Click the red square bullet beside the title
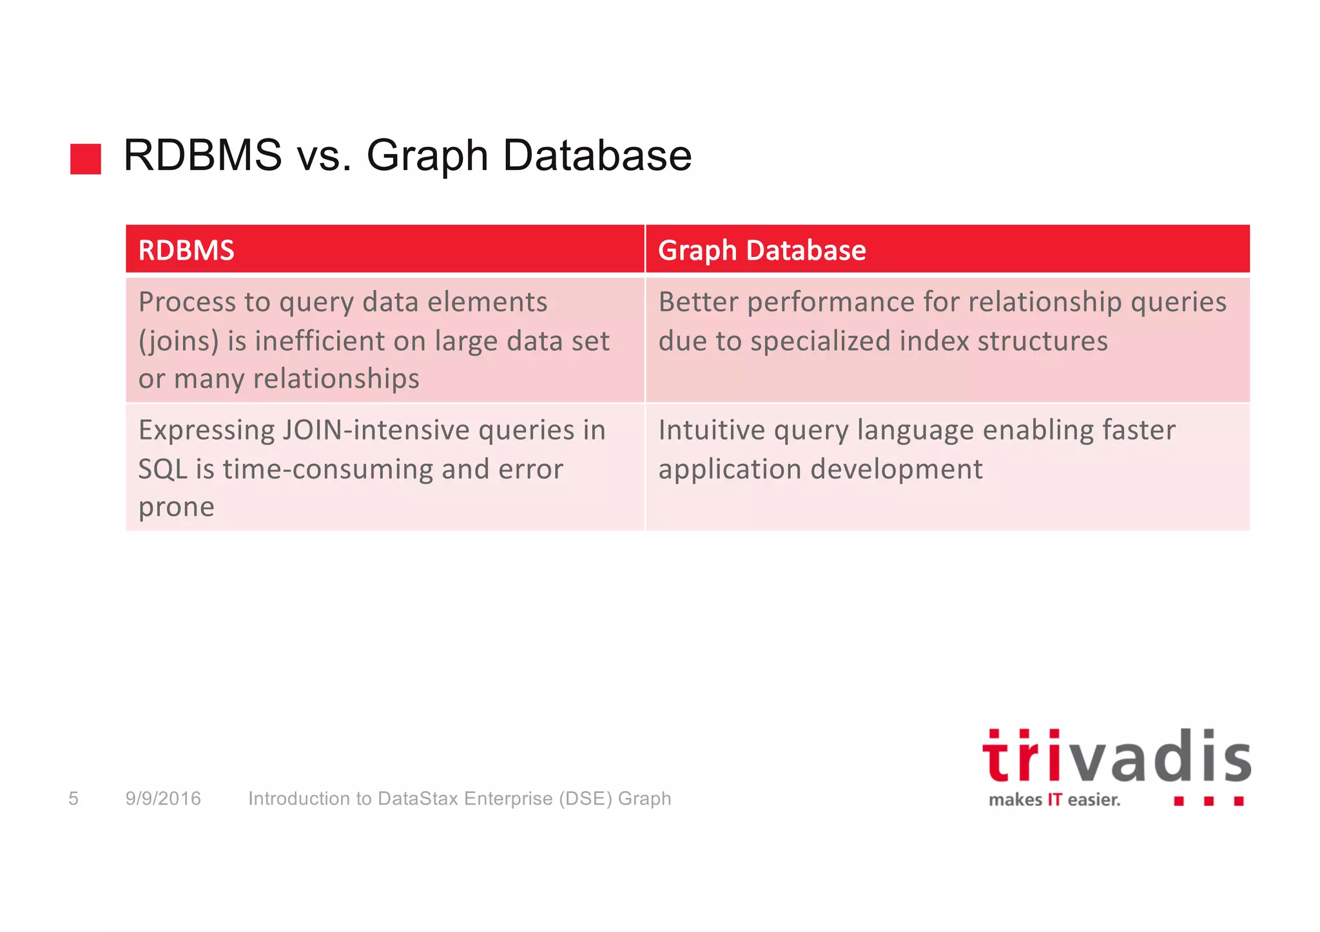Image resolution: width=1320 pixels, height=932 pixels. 86,159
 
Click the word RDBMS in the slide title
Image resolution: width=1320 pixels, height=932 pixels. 202,156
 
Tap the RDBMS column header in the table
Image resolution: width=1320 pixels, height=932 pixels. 186,250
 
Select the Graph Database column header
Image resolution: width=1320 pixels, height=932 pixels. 762,250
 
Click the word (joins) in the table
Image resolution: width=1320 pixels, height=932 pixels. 179,341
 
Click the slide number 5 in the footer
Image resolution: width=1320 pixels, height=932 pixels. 73,799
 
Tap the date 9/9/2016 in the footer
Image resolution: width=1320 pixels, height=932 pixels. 163,799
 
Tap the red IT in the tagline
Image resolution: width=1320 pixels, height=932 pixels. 1054,800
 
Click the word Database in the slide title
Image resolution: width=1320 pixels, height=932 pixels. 597,156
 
